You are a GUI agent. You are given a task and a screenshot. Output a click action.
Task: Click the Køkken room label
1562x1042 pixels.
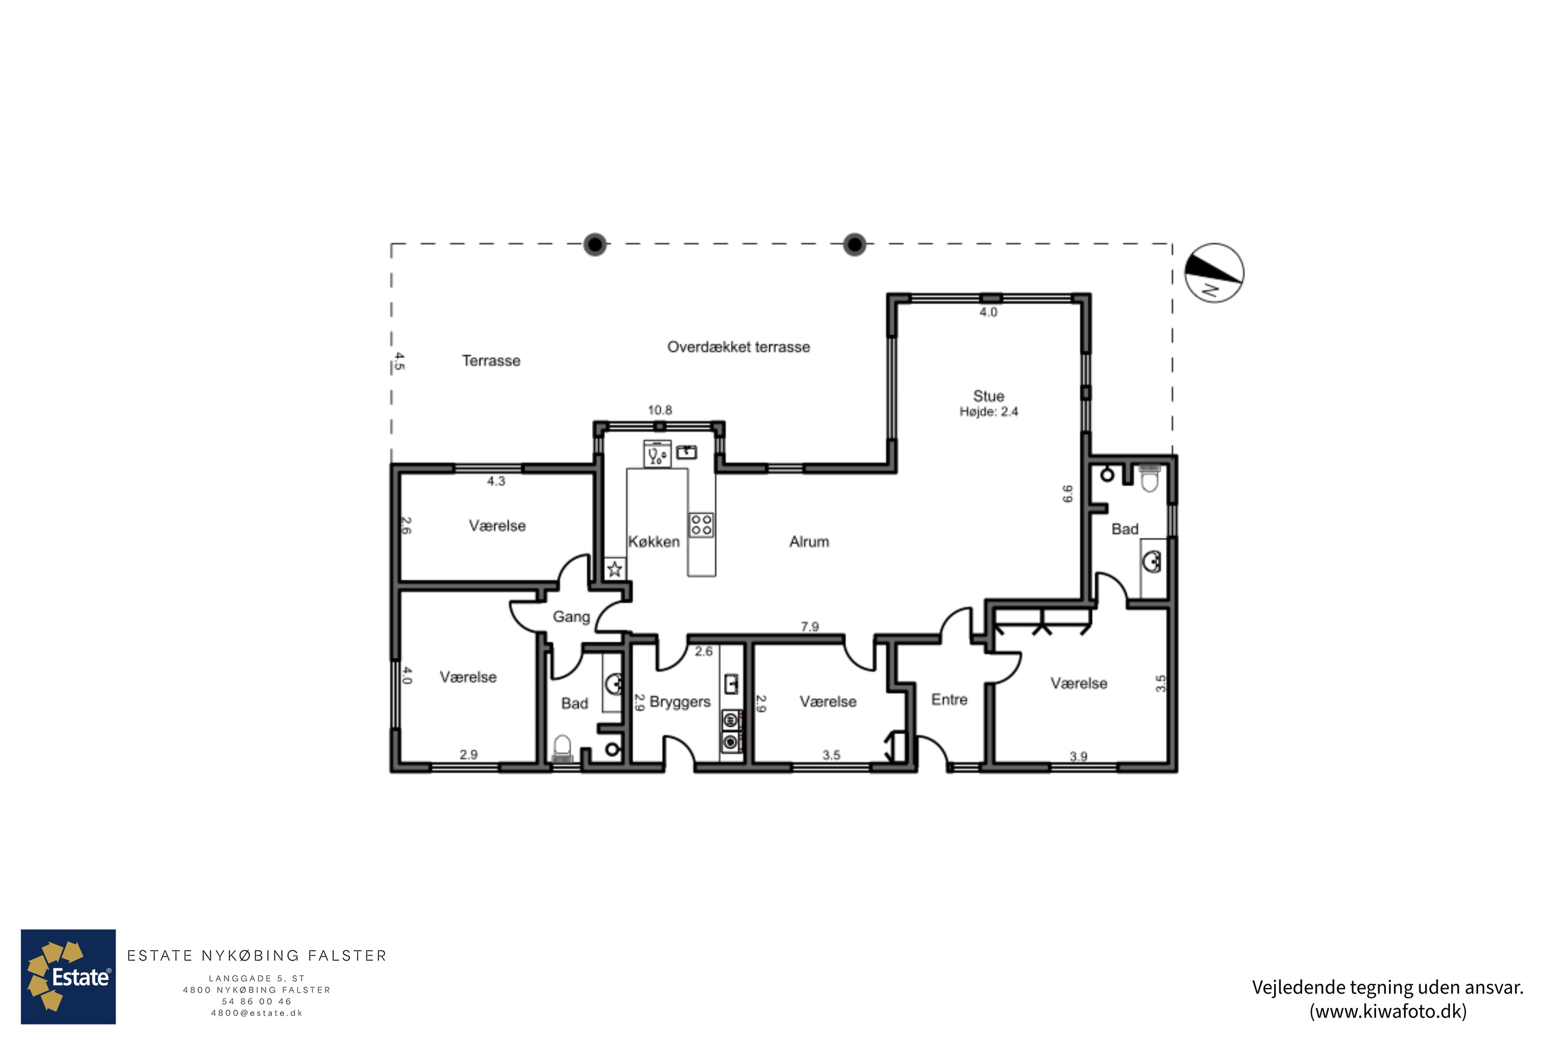coord(654,542)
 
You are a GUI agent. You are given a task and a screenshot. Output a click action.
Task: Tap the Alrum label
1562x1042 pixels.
coord(809,542)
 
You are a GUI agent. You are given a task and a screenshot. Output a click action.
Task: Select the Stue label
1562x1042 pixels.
coord(988,396)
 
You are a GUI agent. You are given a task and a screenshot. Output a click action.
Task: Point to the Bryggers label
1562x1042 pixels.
coord(680,702)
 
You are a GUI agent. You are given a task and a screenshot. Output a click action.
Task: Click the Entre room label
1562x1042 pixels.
coord(949,699)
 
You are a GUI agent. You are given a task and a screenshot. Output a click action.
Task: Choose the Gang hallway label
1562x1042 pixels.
coord(571,617)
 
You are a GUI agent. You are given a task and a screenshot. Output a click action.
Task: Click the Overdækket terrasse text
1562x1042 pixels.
coord(738,347)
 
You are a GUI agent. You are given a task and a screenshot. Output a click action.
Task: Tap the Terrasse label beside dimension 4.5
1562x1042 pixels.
coord(491,361)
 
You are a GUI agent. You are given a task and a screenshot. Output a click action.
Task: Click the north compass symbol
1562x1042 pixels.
coord(1214,273)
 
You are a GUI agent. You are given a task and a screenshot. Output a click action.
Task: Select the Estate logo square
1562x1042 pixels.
coord(68,977)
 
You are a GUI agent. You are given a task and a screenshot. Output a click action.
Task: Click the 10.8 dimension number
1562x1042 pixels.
coord(660,410)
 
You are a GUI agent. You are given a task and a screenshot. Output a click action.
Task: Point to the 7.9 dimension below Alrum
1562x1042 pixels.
coord(810,627)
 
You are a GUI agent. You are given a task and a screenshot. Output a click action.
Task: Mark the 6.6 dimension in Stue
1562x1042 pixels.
coord(1067,494)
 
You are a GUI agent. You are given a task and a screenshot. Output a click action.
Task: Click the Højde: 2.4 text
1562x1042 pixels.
coord(988,412)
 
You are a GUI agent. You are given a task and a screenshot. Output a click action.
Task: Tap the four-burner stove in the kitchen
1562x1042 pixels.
coord(701,524)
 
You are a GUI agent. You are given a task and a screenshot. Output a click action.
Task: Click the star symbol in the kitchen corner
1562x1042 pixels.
coord(615,569)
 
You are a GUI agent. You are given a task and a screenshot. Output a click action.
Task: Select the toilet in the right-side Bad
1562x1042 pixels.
coord(1150,477)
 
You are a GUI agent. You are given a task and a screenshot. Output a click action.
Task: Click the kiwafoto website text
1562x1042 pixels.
coord(1388,1011)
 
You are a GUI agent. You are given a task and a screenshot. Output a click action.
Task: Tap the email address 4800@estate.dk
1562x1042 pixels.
coord(257,1013)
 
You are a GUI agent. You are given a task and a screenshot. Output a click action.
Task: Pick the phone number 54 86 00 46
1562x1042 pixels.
coord(257,1001)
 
